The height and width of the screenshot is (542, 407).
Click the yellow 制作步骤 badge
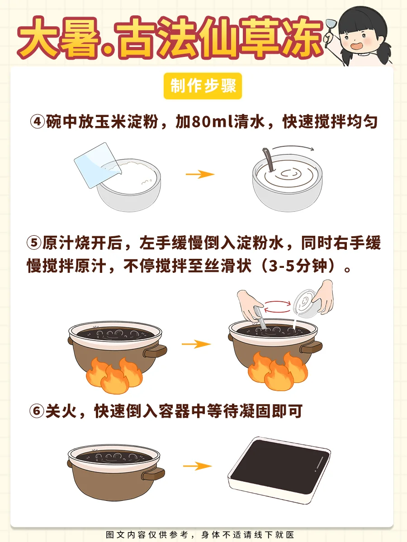[x=203, y=86]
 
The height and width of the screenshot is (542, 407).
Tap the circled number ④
[x=38, y=121]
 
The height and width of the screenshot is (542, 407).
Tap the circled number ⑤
[x=34, y=243]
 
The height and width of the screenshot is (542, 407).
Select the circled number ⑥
[x=37, y=411]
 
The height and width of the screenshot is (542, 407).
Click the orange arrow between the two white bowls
[x=200, y=174]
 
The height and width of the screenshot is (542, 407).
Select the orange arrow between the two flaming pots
[x=196, y=344]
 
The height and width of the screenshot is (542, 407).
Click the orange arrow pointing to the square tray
[x=198, y=466]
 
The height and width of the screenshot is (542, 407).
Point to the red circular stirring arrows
[x=277, y=307]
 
